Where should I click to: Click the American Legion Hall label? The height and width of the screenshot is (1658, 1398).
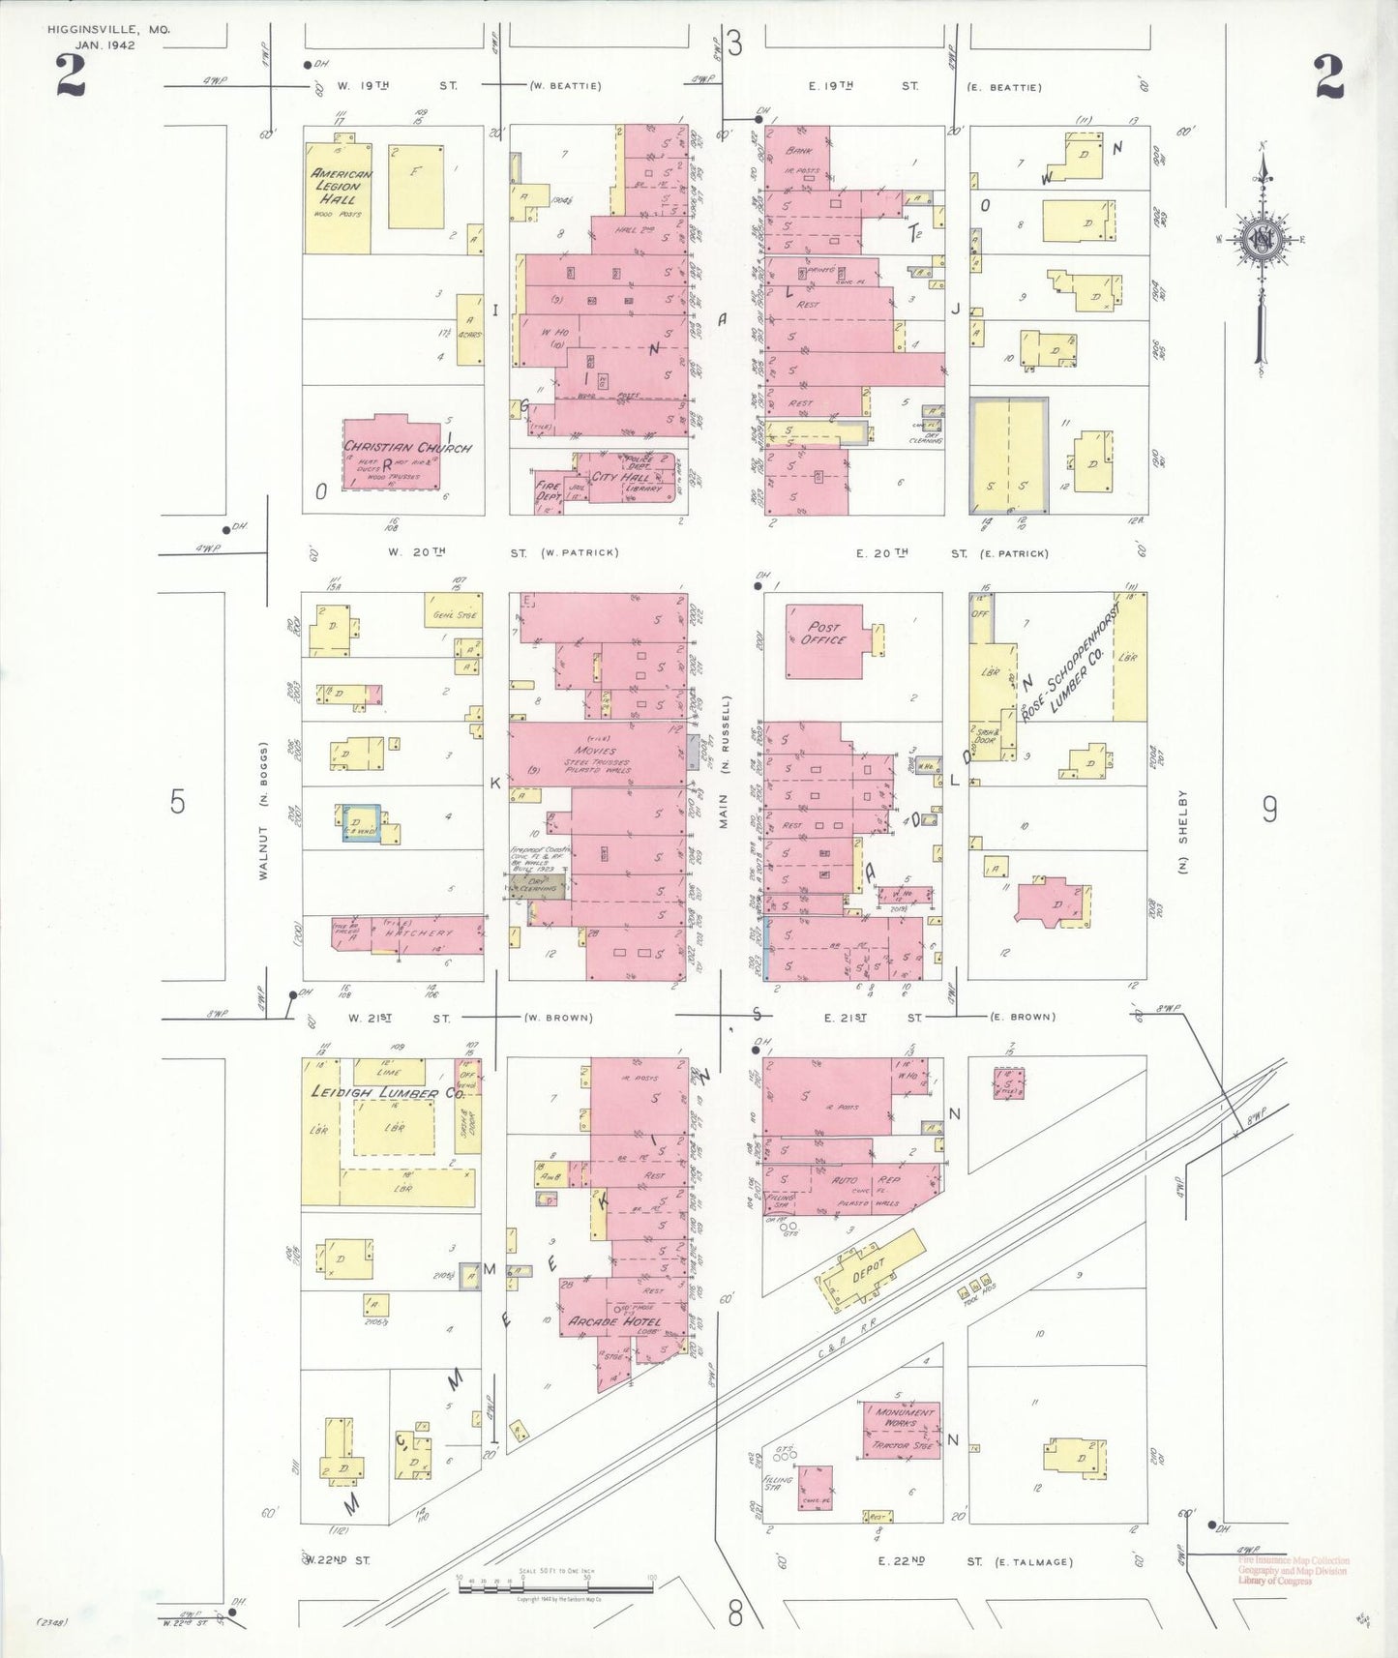click(341, 186)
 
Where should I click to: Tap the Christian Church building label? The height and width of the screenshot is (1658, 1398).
click(407, 448)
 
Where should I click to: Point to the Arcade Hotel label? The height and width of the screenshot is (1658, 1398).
click(614, 1321)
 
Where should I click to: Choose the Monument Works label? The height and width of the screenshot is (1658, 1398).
click(906, 1417)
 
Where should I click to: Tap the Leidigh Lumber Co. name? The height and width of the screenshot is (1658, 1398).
click(387, 1092)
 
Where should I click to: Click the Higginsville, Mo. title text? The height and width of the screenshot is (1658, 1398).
click(108, 31)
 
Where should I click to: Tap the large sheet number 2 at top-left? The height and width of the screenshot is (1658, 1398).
click(70, 77)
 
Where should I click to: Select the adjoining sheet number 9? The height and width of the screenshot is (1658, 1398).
click(1269, 809)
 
